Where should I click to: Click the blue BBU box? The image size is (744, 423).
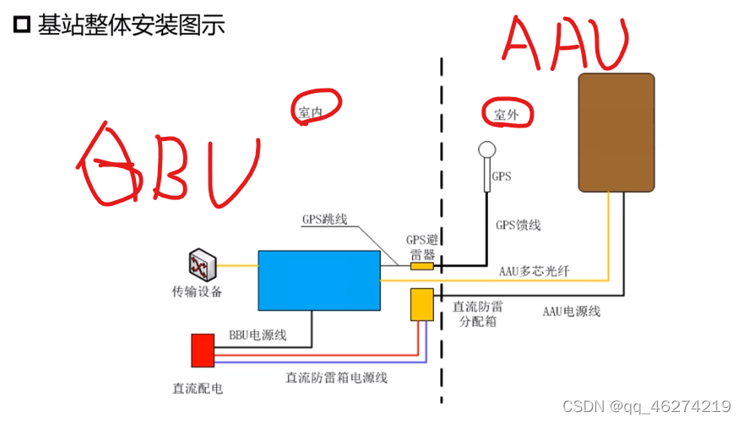(x=318, y=279)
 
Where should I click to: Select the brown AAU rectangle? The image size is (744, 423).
(x=616, y=132)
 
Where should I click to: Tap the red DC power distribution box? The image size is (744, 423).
(x=202, y=350)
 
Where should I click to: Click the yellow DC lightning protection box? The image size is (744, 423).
(x=421, y=304)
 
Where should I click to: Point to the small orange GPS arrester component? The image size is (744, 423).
(x=421, y=266)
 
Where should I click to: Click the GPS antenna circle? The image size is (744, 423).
(x=487, y=149)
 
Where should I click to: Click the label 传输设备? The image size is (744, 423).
(x=197, y=293)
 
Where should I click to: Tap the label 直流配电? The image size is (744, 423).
(x=197, y=389)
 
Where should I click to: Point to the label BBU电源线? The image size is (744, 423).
(x=258, y=335)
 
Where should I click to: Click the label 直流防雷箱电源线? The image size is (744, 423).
(x=336, y=377)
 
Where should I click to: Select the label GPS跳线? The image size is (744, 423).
(x=325, y=219)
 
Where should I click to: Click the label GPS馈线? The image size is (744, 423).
(x=518, y=225)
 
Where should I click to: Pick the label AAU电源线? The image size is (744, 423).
(x=572, y=311)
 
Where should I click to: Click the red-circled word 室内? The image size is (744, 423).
(x=311, y=111)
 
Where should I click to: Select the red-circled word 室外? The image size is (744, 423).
(x=508, y=114)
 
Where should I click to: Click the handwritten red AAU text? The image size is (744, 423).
(x=567, y=44)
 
